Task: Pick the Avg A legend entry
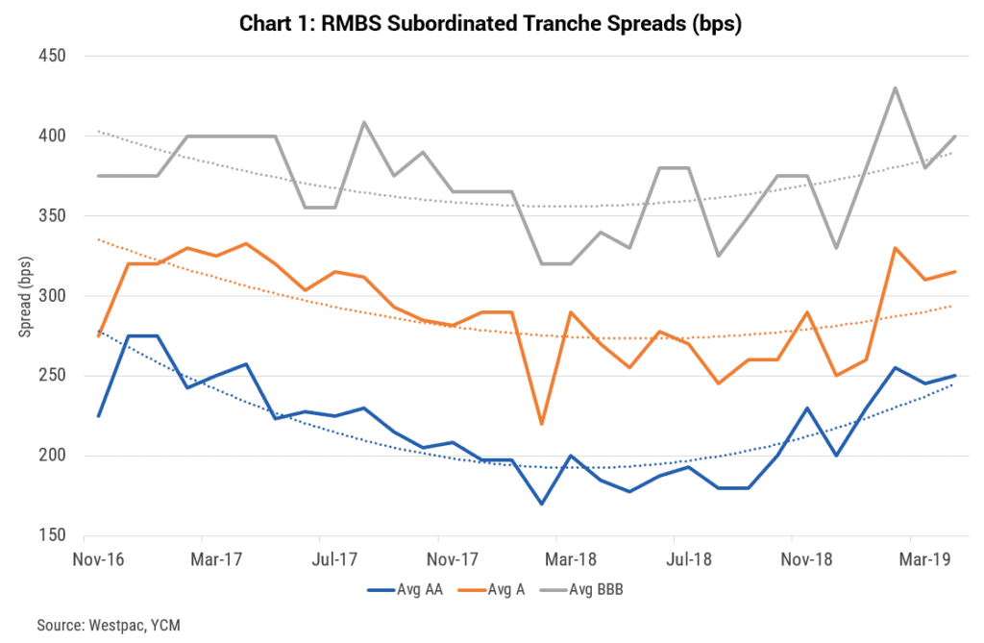(x=504, y=588)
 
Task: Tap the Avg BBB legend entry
(x=600, y=588)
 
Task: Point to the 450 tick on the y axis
(x=52, y=56)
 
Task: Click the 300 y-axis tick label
(x=52, y=296)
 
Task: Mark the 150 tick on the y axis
(x=52, y=535)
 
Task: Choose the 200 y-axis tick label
(x=52, y=456)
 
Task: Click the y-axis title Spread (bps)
(x=25, y=295)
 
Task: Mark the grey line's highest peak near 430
(x=896, y=87)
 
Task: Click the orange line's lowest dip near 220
(x=541, y=424)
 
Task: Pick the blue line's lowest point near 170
(x=541, y=504)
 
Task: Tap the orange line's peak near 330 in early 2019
(x=896, y=248)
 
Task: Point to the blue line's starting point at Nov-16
(x=98, y=415)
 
